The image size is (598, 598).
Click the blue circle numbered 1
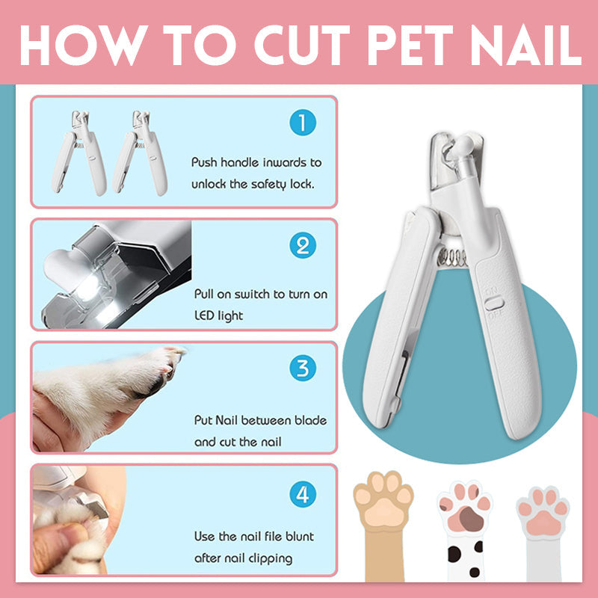point(303,123)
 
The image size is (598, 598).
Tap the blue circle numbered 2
point(303,245)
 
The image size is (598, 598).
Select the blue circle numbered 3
point(303,368)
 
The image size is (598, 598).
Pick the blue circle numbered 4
point(303,494)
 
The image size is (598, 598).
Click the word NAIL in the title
point(526,46)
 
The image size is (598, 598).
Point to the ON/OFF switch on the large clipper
point(494,304)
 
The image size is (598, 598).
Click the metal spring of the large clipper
point(453,257)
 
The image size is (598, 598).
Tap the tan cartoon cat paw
point(383,525)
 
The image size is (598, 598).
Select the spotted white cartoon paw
point(465,530)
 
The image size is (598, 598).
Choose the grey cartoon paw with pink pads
point(543,533)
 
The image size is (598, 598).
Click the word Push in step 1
point(204,162)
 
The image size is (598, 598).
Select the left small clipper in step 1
point(79,153)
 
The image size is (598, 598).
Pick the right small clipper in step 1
point(140,153)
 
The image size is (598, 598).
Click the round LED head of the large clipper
point(463,145)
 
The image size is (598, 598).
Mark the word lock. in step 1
point(302,184)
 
